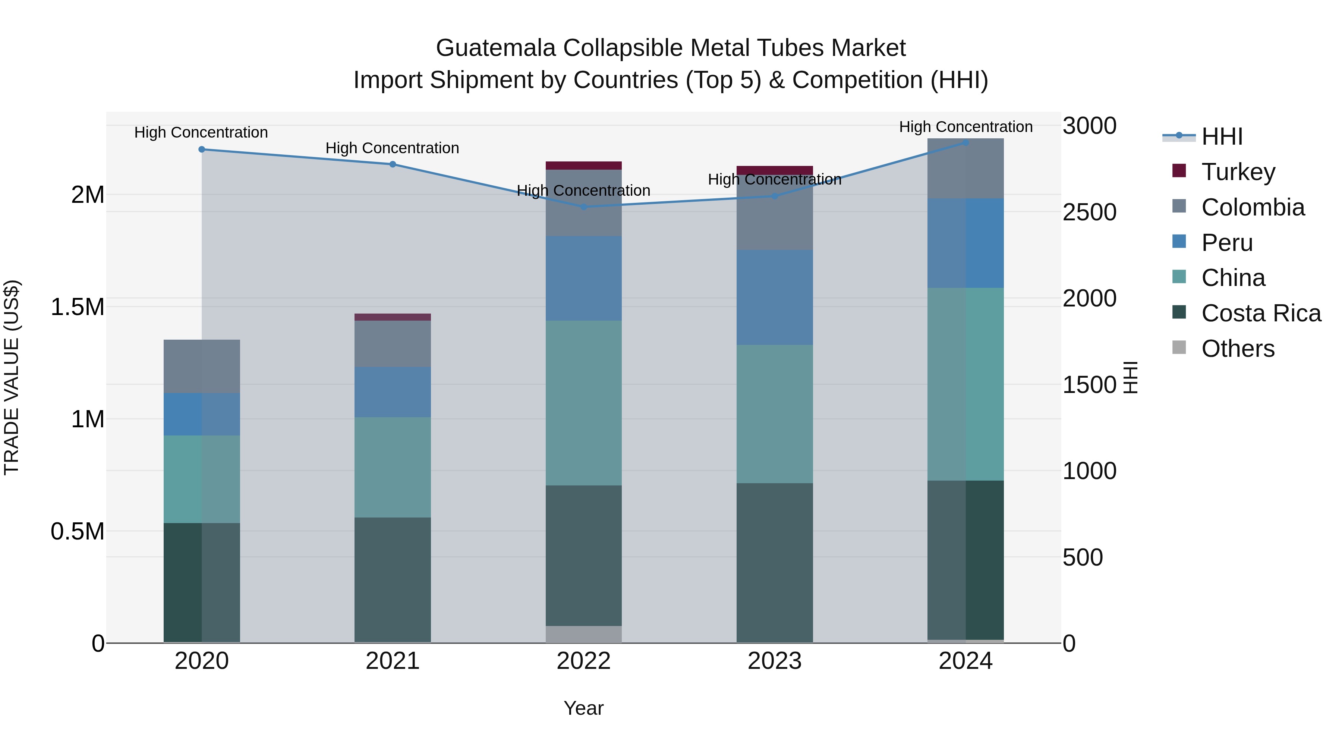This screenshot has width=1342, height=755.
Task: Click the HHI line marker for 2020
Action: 202,150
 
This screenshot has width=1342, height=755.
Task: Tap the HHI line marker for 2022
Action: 583,207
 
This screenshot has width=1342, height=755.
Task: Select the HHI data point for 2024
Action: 965,143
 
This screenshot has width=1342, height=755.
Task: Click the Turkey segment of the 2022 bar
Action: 583,166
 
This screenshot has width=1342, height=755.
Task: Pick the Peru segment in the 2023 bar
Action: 775,297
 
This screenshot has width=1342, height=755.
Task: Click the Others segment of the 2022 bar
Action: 583,634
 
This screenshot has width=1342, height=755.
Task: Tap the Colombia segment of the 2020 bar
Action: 202,366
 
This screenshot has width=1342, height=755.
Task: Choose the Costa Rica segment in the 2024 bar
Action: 965,560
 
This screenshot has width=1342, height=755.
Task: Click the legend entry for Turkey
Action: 1238,172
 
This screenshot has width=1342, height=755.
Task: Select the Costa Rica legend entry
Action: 1261,314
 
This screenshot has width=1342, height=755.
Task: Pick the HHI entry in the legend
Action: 1222,136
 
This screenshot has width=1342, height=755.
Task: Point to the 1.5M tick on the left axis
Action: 77,307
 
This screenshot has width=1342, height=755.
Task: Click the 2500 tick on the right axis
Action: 1089,212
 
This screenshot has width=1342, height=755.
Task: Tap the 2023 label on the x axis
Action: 775,661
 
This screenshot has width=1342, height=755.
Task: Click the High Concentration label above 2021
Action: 392,148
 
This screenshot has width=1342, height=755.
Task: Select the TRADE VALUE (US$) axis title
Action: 12,377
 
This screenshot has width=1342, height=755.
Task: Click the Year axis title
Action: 583,708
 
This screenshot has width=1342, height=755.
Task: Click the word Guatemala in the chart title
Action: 495,48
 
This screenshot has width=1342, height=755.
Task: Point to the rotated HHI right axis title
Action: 1131,377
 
